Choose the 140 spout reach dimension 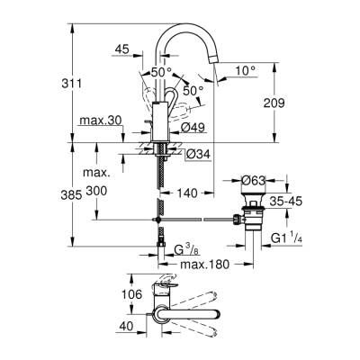pyautogui.click(x=187, y=192)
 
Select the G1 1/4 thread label pyautogui.click(x=289, y=238)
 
